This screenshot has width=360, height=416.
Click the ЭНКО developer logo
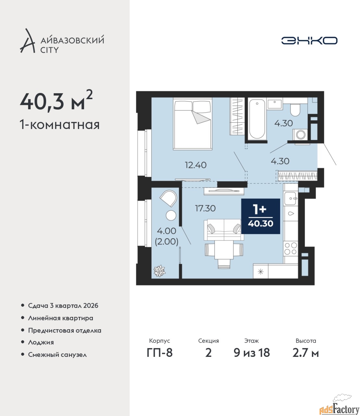(x=309, y=40)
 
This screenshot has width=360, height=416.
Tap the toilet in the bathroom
(x=295, y=110)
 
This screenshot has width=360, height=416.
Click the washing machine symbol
(x=301, y=135)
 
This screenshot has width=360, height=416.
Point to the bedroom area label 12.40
(x=195, y=165)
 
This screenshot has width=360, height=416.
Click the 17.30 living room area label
(x=205, y=208)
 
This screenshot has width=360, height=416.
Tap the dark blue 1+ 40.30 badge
(x=260, y=216)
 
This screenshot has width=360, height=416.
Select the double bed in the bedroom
(x=192, y=124)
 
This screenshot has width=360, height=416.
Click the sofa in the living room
(x=224, y=230)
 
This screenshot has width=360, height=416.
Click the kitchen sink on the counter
(x=290, y=199)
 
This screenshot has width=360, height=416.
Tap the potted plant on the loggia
(x=159, y=271)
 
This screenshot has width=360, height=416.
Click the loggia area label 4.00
(x=167, y=231)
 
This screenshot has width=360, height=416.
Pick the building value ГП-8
(x=160, y=353)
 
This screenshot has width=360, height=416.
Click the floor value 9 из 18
(x=252, y=353)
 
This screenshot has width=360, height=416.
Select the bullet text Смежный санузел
(x=57, y=355)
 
